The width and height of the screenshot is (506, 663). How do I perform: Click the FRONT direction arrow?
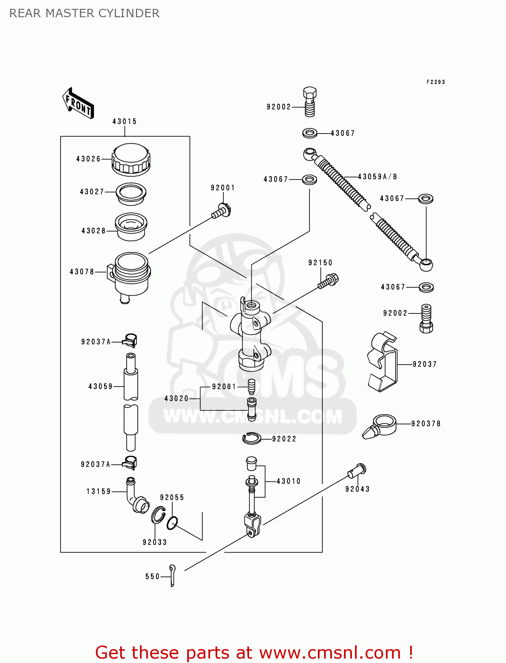pos(78,103)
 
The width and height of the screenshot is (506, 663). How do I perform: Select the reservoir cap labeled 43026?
pos(131,160)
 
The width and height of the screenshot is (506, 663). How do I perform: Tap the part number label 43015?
pos(125,121)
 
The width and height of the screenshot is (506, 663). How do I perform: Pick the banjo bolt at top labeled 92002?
pos(310,102)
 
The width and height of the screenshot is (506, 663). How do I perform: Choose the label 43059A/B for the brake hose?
pos(377,177)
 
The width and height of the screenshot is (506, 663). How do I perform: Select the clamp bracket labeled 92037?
pos(382,362)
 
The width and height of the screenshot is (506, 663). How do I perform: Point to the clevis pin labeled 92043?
pos(357,471)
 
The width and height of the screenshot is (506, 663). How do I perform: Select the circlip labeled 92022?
pos(252,438)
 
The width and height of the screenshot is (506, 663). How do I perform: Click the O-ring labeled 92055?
pos(172,523)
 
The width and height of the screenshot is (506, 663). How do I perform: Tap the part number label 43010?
pos(288,481)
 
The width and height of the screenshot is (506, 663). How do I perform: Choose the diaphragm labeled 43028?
pos(131,227)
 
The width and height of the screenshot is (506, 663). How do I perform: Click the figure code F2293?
pos(435,82)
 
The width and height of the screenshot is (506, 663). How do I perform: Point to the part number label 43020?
pos(176,398)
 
